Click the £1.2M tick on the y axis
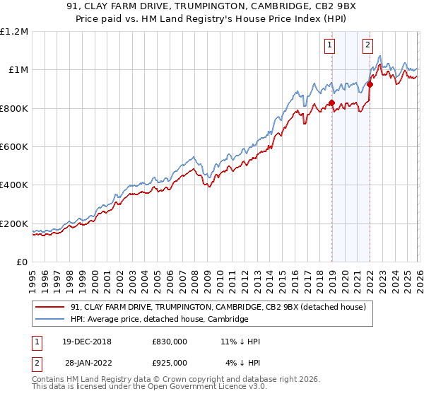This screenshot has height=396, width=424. click(14, 32)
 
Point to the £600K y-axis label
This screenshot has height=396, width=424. click(14, 147)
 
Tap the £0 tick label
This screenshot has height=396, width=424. click(22, 262)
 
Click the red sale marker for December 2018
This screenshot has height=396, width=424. click(331, 103)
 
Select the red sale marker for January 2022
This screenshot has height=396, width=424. click(370, 84)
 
